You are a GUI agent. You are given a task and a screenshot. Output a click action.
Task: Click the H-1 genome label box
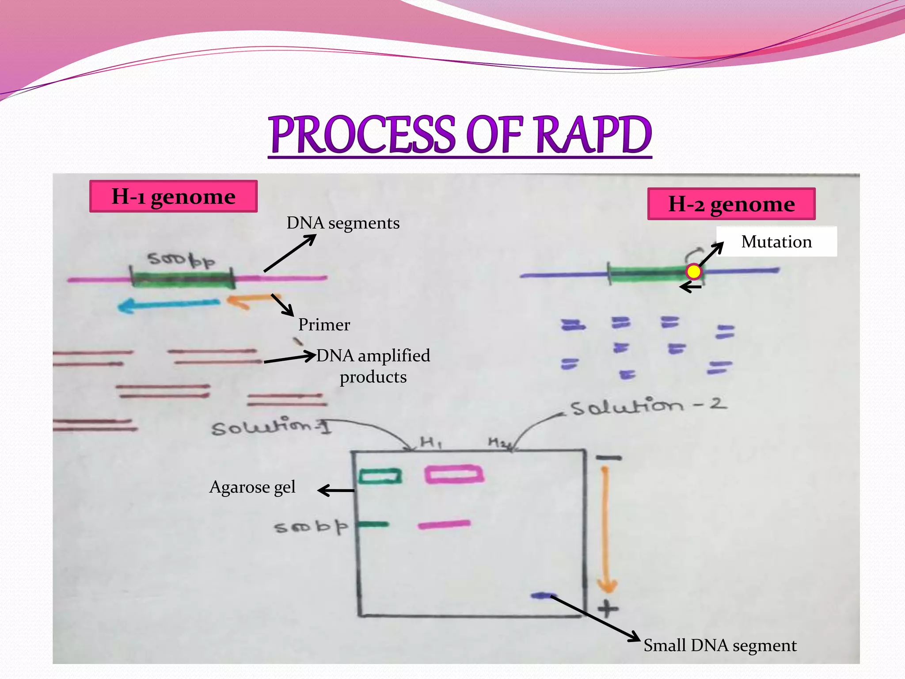(173, 196)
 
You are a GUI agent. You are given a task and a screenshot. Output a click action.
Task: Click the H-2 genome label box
(731, 204)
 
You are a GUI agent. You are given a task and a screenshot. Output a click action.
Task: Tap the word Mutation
(776, 242)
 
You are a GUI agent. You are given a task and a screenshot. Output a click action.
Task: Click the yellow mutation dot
(694, 271)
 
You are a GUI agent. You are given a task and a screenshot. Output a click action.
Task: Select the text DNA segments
(343, 223)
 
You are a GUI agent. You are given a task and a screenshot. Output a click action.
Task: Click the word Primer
(324, 324)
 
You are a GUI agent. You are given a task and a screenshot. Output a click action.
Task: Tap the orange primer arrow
(247, 301)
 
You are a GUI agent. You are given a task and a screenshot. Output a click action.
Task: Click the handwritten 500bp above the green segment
(181, 260)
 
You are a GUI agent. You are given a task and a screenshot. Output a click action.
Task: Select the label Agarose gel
(252, 487)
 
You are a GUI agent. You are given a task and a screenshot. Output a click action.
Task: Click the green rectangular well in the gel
(380, 477)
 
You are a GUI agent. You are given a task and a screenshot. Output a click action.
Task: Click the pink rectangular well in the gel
(454, 474)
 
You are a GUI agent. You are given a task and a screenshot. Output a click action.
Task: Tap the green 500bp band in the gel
(373, 525)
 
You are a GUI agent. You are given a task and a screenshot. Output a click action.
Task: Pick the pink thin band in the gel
(444, 524)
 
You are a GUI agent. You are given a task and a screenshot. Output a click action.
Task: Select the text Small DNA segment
(720, 645)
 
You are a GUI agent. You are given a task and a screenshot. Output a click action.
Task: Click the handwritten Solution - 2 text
(648, 406)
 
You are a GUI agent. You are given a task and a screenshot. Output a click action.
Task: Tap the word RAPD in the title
(593, 135)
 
